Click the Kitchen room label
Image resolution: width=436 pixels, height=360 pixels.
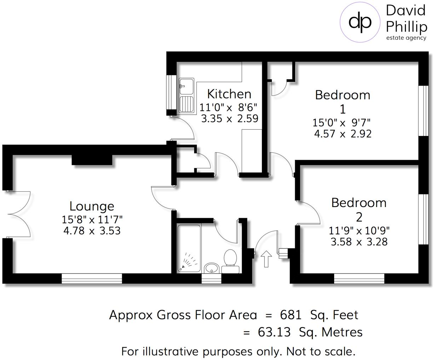pos(229,94)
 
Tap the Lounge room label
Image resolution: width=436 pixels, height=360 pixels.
pos(92,206)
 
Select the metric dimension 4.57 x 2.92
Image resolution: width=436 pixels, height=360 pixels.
pos(343,134)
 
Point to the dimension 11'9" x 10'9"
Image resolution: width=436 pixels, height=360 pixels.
pos(359,230)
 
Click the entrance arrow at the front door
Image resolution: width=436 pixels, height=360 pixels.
pos(266,259)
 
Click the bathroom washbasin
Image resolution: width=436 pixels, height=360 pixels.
pos(212,268)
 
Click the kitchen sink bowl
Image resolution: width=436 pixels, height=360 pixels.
pos(186,85)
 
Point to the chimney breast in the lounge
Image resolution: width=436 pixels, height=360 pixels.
pos(92,160)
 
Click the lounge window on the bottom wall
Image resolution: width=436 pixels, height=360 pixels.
pos(92,279)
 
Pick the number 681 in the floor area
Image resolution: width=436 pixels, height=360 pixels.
pos(291,315)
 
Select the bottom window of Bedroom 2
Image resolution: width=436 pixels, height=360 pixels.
pos(359,279)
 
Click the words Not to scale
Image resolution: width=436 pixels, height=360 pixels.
pos(321,352)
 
